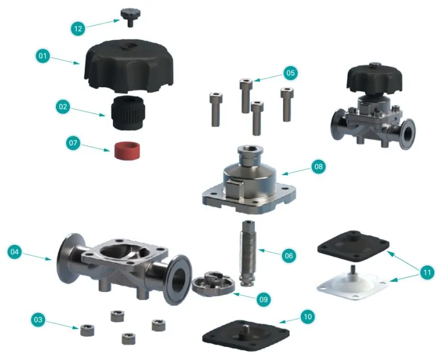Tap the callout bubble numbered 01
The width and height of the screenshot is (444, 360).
tap(42, 56)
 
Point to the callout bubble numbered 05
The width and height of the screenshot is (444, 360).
tap(290, 73)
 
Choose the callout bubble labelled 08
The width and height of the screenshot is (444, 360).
tap(317, 166)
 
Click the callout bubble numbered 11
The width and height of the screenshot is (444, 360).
tap(426, 273)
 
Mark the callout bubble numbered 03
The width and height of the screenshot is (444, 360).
tap(38, 320)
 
